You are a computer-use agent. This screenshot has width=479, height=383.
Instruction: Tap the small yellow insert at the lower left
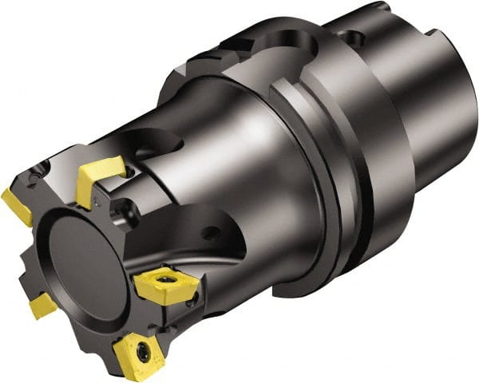coord(42,304)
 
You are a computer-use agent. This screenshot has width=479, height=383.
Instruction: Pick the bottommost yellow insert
coord(141,357)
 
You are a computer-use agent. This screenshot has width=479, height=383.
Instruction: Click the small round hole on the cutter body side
coord(212,234)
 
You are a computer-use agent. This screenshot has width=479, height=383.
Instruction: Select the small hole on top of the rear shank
coord(348,36)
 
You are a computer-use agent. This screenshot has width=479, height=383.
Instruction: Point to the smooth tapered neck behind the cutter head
coord(232,152)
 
